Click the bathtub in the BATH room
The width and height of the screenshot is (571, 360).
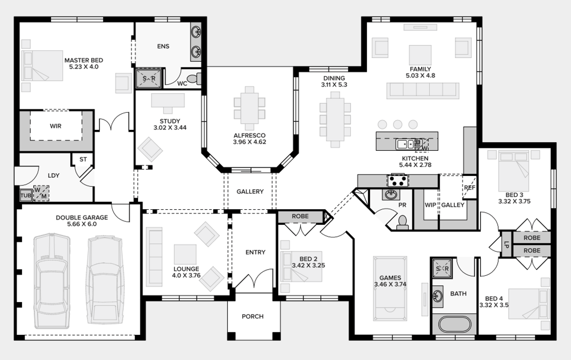pos(454,324)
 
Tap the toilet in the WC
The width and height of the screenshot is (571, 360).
pos(194,79)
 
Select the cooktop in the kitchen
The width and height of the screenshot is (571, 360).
pos(398,181)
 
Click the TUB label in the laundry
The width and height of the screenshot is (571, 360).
pos(26,195)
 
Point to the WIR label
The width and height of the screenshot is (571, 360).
pos(56,126)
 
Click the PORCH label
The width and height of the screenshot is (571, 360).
pos(253,316)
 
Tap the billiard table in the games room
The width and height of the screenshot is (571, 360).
pos(390,288)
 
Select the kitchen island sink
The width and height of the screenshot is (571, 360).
pos(405,144)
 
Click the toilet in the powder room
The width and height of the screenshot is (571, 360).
pos(403,222)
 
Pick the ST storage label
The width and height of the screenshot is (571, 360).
pos(83,159)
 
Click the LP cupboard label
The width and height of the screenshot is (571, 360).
pos(506,244)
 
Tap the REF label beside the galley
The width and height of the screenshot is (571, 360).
pos(470,187)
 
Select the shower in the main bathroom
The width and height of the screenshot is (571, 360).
pos(442,269)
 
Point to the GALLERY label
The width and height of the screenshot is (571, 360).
pos(250,191)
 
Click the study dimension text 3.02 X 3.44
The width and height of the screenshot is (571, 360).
pos(170,127)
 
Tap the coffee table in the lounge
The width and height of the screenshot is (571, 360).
pos(185,254)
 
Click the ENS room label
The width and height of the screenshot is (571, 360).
pos(163,46)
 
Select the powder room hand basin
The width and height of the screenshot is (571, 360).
pos(391,195)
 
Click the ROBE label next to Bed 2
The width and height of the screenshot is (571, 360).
pos(300,216)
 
